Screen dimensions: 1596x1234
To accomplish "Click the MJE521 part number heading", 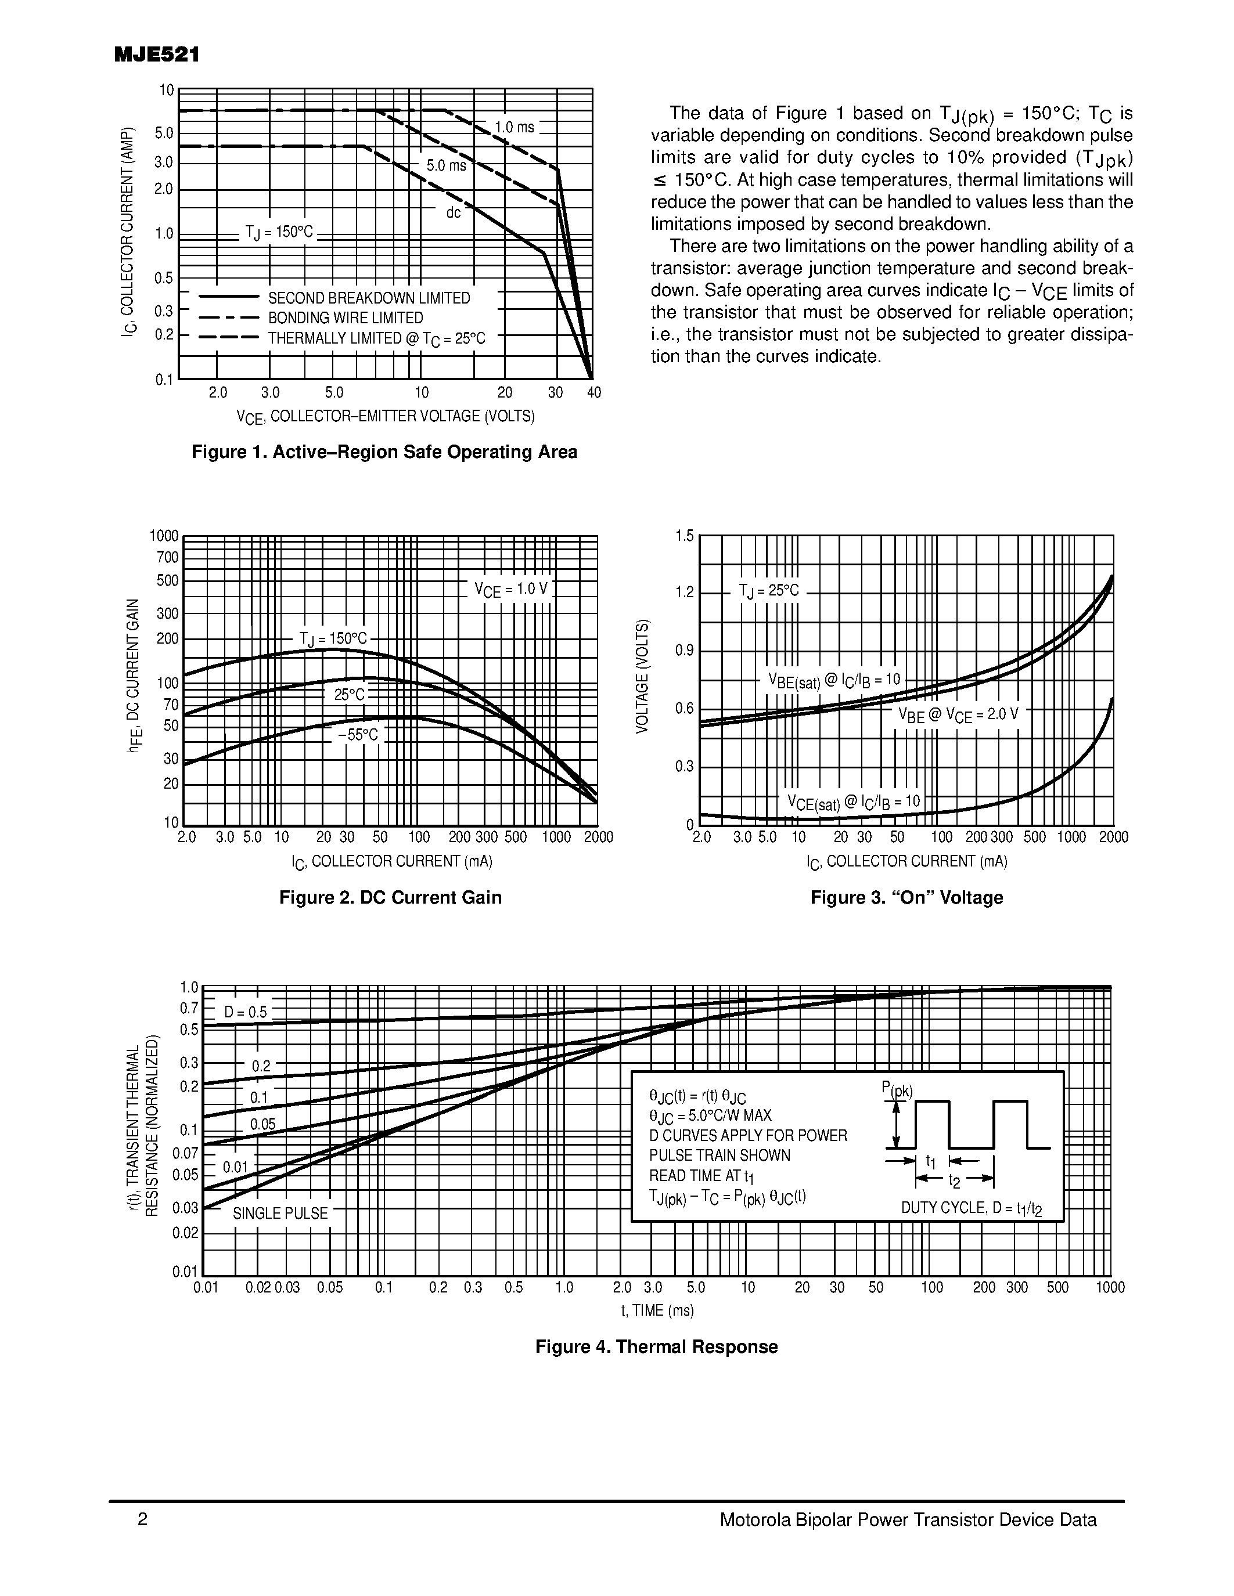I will [x=156, y=56].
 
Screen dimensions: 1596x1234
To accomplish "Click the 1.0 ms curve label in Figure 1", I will [x=514, y=127].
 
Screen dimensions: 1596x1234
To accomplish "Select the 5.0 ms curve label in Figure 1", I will [x=446, y=166].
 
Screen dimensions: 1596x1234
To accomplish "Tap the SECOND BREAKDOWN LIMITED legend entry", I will [x=369, y=298].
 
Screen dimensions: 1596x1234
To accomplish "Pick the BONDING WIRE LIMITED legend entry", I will [x=345, y=318].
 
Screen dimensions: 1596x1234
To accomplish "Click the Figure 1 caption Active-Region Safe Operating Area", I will [x=384, y=452].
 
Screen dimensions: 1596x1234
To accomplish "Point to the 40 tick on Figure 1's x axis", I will [x=593, y=393].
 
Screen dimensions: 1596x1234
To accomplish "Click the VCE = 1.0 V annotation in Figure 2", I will [x=510, y=589].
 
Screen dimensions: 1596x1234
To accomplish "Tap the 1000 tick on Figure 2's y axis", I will [x=164, y=536].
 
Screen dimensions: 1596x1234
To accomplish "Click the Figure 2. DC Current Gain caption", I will [x=390, y=897].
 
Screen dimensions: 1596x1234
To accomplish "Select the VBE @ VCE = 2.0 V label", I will [x=958, y=714].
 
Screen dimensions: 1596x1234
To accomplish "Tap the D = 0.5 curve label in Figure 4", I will [x=246, y=1012].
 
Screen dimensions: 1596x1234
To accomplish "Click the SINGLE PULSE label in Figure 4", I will [x=280, y=1214].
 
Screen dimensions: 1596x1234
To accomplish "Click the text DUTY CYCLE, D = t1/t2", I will [x=971, y=1209].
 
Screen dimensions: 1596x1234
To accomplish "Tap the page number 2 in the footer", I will [x=142, y=1520].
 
